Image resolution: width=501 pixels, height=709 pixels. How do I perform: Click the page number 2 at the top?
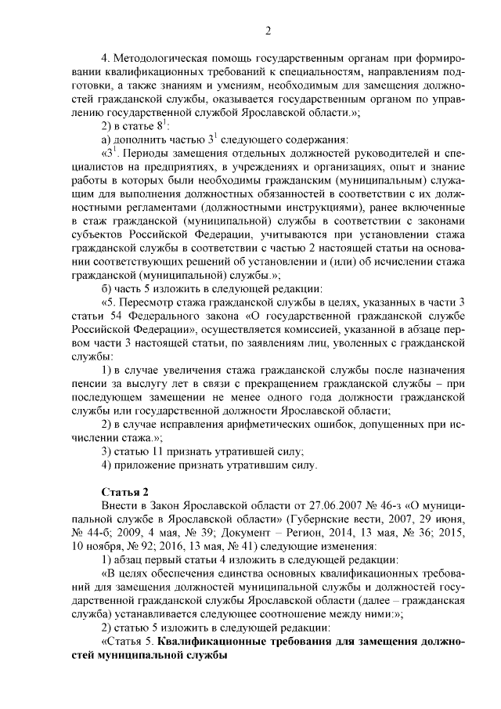[x=268, y=31]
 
